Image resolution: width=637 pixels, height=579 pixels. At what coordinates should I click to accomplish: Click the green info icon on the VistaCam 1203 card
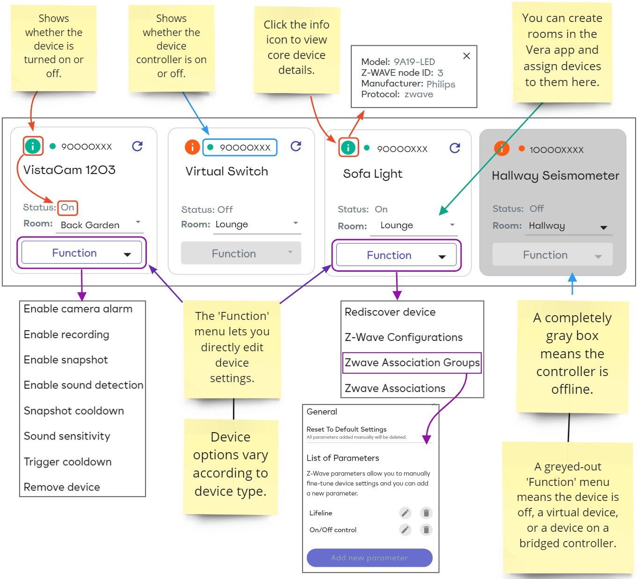(32, 146)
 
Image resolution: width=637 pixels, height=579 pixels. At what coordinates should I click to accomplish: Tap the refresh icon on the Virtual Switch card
(296, 146)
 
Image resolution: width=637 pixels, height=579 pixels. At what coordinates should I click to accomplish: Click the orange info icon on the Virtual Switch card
(192, 147)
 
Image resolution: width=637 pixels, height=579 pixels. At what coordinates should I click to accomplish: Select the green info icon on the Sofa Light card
(348, 148)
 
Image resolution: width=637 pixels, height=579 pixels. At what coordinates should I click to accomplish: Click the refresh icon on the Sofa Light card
(455, 148)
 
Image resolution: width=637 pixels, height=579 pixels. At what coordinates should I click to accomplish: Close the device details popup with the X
(466, 56)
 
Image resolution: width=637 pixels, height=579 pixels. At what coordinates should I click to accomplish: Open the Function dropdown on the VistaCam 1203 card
(81, 253)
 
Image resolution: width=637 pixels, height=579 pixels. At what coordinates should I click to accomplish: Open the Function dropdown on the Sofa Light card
(396, 255)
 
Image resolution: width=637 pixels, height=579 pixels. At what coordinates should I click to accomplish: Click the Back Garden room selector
(100, 225)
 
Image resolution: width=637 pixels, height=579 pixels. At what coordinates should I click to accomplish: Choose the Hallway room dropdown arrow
(603, 227)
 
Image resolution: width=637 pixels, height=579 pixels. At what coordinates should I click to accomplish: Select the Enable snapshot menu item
(66, 360)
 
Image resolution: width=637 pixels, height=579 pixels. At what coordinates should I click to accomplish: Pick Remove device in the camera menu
(62, 487)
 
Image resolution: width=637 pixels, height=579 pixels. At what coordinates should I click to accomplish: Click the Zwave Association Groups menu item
(412, 362)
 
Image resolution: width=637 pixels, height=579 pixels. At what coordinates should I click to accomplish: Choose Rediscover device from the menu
(390, 312)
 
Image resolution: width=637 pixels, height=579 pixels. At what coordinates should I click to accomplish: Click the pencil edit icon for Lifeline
(405, 513)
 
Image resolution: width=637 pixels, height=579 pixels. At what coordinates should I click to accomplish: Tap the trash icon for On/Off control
(426, 529)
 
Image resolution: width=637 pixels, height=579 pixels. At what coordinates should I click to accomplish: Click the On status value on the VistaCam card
(68, 207)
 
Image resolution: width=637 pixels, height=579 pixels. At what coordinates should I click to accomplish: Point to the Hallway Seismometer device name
(556, 176)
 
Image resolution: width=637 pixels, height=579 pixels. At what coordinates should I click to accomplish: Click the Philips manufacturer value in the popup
(441, 84)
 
